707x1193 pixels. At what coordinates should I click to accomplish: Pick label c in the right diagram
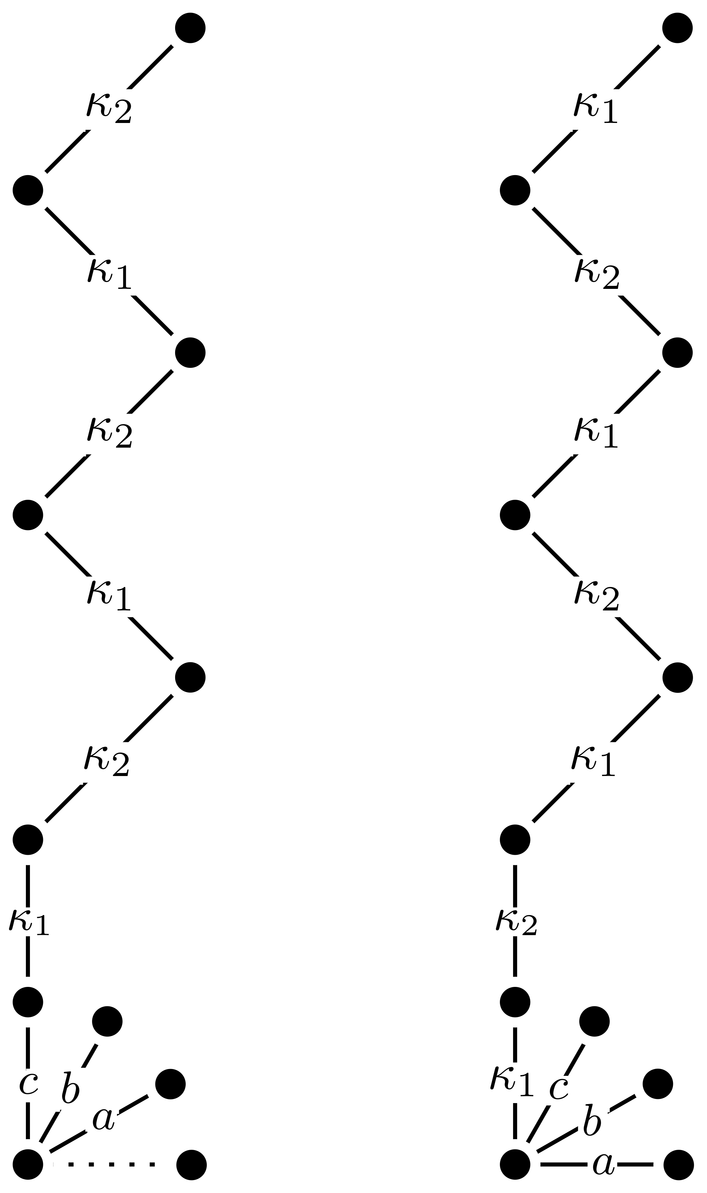pyautogui.click(x=559, y=1088)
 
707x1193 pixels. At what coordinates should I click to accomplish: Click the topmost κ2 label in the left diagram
pyautogui.click(x=110, y=109)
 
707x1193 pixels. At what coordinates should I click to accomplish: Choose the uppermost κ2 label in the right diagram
pyautogui.click(x=598, y=275)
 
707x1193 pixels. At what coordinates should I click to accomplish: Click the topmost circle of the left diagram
pyautogui.click(x=190, y=28)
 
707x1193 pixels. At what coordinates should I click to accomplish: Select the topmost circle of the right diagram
pyautogui.click(x=677, y=28)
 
